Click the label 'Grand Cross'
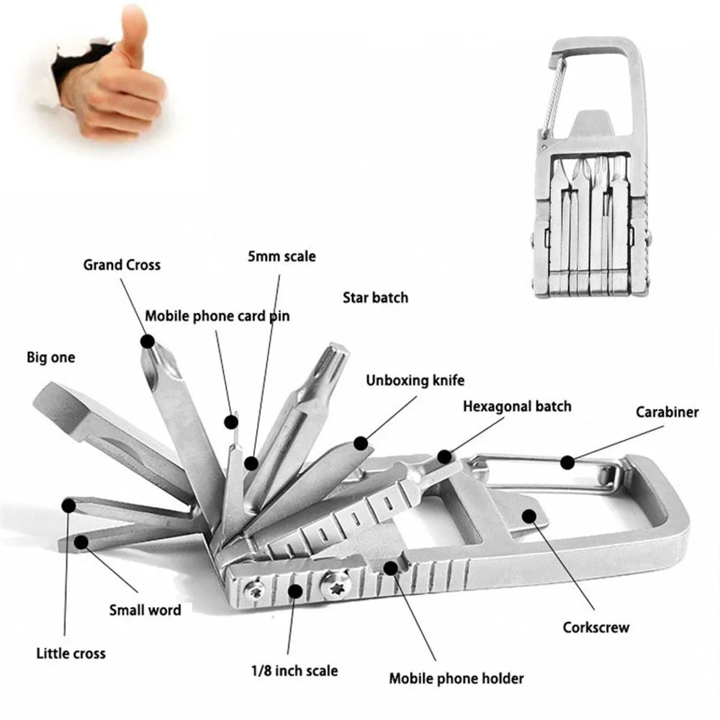(x=122, y=264)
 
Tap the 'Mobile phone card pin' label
(x=217, y=316)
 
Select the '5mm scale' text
(x=281, y=256)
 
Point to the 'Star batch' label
(x=375, y=297)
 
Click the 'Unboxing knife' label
(x=415, y=380)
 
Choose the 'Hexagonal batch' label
(x=517, y=406)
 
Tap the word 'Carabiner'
(x=667, y=413)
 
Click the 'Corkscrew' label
(x=596, y=626)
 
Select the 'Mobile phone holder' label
(x=456, y=678)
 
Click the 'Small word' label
(x=145, y=610)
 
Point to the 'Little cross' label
(x=71, y=653)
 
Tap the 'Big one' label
(x=50, y=357)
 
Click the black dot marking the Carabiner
(x=569, y=462)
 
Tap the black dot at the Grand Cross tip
(x=147, y=341)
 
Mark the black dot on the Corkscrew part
(x=529, y=515)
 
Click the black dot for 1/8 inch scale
(x=294, y=591)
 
